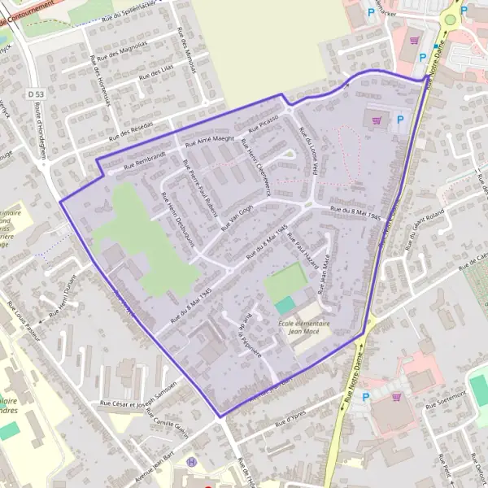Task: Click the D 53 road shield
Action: click(34, 95)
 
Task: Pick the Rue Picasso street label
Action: click(264, 123)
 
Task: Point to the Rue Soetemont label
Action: click(443, 394)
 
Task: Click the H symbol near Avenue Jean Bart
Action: click(192, 462)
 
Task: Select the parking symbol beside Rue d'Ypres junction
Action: click(365, 397)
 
